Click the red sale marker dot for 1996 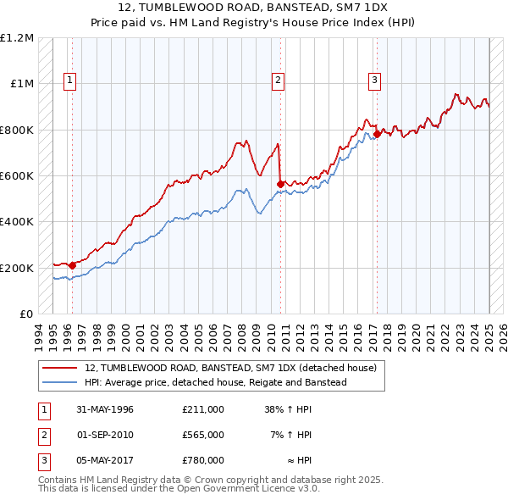[73, 265]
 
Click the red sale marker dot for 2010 [280, 183]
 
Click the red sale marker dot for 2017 [377, 134]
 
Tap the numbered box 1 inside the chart [69, 81]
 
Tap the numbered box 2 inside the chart [277, 81]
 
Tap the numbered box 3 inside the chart [373, 81]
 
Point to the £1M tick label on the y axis [22, 84]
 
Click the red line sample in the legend [59, 368]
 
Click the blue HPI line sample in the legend [59, 382]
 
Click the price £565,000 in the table [203, 435]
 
